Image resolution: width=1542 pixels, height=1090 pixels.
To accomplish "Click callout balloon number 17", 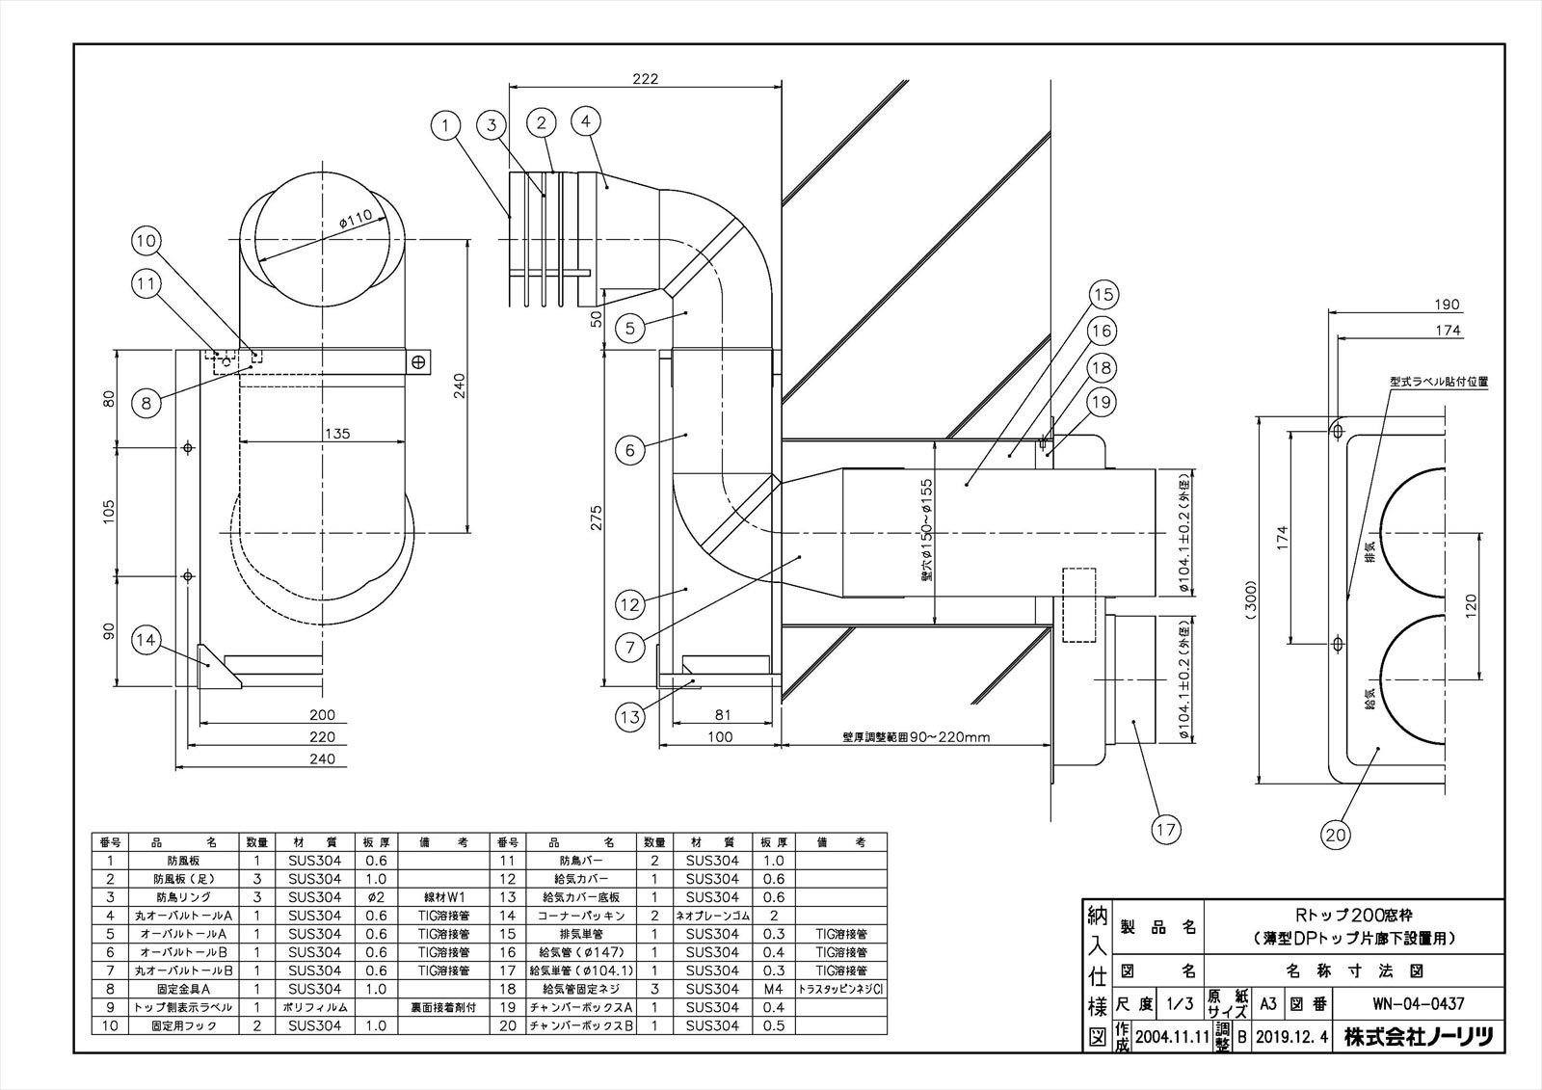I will [1166, 828].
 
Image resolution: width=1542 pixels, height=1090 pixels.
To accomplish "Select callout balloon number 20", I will [1336, 835].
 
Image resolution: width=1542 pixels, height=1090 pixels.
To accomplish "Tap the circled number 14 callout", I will [146, 640].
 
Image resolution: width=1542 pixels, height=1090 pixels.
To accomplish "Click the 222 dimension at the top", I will [646, 80].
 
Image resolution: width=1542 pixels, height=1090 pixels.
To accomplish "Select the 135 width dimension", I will [336, 434].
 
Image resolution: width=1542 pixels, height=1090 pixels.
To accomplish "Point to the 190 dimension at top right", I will [1446, 306].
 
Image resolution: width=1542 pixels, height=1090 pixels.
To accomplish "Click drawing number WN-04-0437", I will [1418, 1003].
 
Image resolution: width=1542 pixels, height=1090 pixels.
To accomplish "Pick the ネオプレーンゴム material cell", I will [713, 916].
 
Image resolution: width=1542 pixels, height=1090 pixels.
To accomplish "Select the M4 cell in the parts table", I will [775, 989].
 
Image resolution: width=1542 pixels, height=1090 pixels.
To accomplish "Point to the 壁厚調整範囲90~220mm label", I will [916, 737].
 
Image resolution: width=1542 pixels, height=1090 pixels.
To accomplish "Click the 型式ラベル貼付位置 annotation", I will [1439, 382].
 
